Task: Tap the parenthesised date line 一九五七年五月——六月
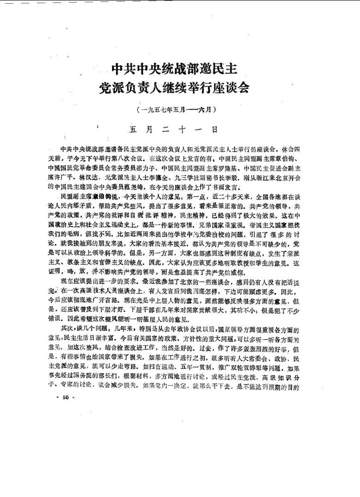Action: coord(177,111)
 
